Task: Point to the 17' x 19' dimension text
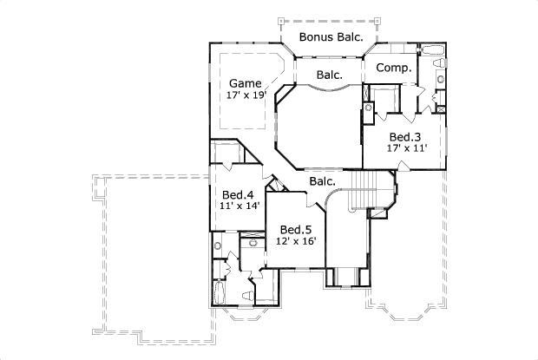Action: pyautogui.click(x=246, y=95)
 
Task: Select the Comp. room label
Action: pyautogui.click(x=394, y=68)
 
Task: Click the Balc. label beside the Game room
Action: pyautogui.click(x=329, y=75)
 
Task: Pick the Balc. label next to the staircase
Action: pyautogui.click(x=323, y=181)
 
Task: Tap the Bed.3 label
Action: pyautogui.click(x=405, y=137)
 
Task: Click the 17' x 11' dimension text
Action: pyautogui.click(x=406, y=149)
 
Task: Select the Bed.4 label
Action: pyautogui.click(x=238, y=194)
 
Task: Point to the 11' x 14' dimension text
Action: pyautogui.click(x=239, y=206)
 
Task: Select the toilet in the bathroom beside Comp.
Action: pyautogui.click(x=440, y=81)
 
